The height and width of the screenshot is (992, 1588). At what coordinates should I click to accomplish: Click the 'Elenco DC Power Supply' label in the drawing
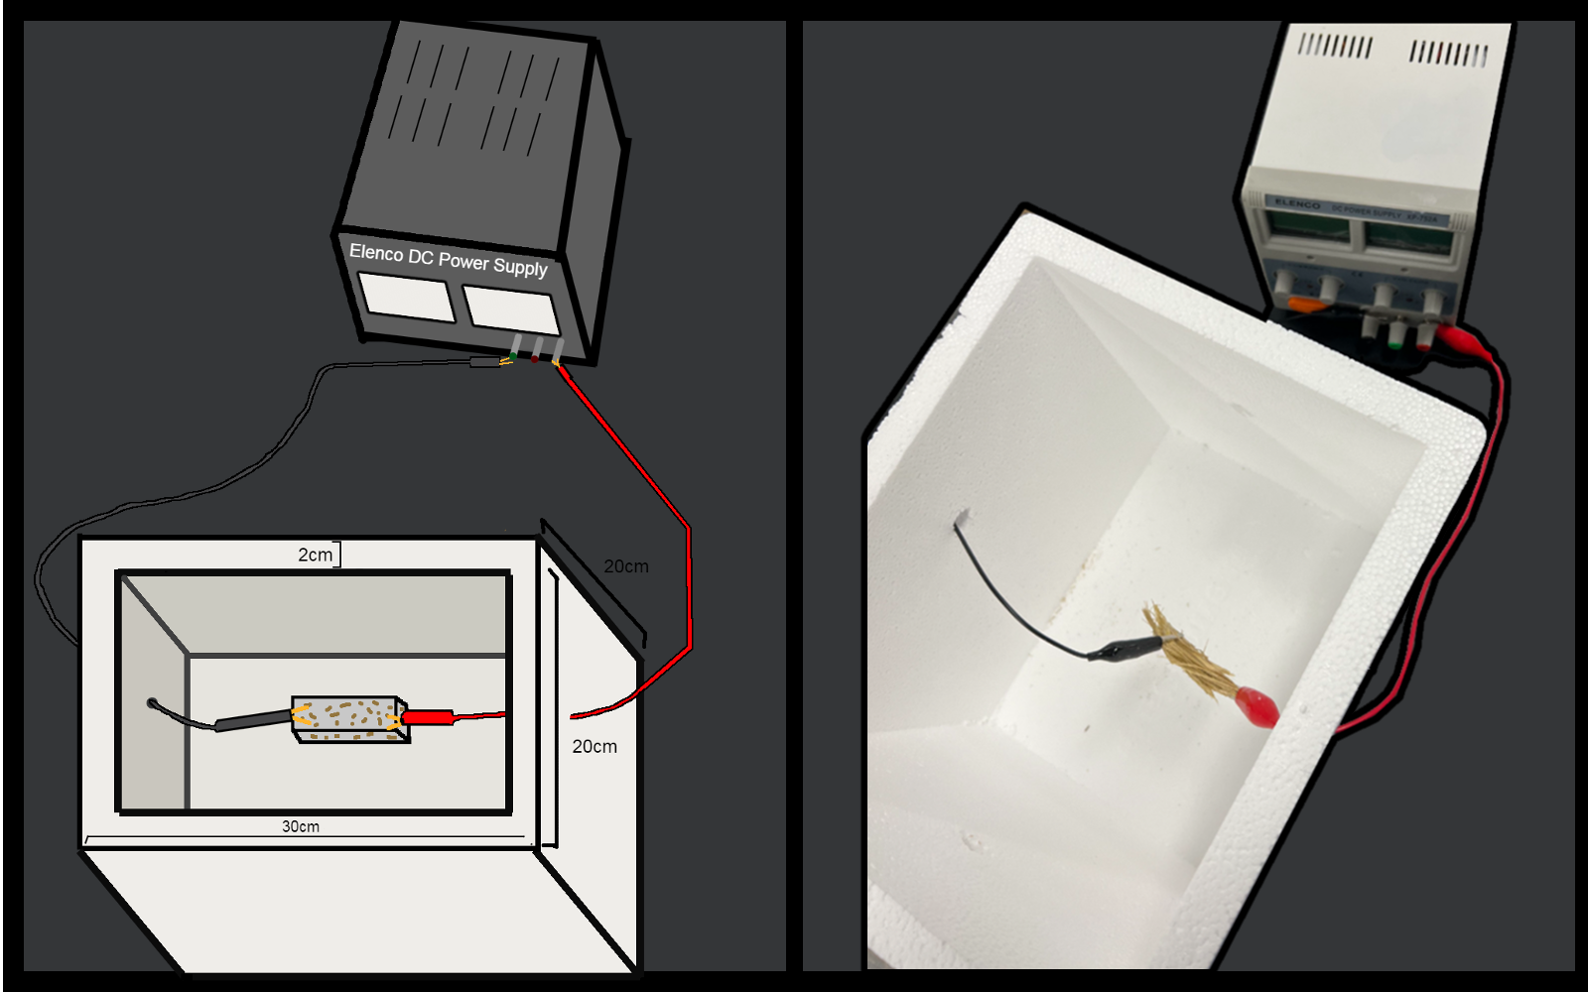click(448, 260)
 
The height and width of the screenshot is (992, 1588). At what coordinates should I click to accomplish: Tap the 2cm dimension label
click(316, 555)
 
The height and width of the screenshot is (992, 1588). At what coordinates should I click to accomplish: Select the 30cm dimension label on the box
click(301, 826)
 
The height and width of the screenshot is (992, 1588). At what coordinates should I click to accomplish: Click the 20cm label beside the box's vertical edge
click(595, 746)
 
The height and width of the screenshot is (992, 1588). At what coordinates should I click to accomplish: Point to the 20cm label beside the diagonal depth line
click(625, 566)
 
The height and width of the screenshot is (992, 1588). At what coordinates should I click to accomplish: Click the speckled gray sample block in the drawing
click(347, 718)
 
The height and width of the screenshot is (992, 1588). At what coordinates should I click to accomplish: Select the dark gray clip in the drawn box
click(253, 721)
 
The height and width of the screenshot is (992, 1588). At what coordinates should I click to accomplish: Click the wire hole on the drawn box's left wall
click(152, 703)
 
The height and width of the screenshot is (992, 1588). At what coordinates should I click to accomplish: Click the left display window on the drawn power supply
click(407, 296)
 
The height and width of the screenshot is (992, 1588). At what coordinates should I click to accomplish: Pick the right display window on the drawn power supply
click(511, 309)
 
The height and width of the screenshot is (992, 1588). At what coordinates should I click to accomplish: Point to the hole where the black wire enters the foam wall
click(961, 518)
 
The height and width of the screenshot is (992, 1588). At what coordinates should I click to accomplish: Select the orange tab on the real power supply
click(1306, 307)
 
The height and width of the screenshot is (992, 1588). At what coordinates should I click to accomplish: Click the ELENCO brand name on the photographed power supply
click(1297, 204)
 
